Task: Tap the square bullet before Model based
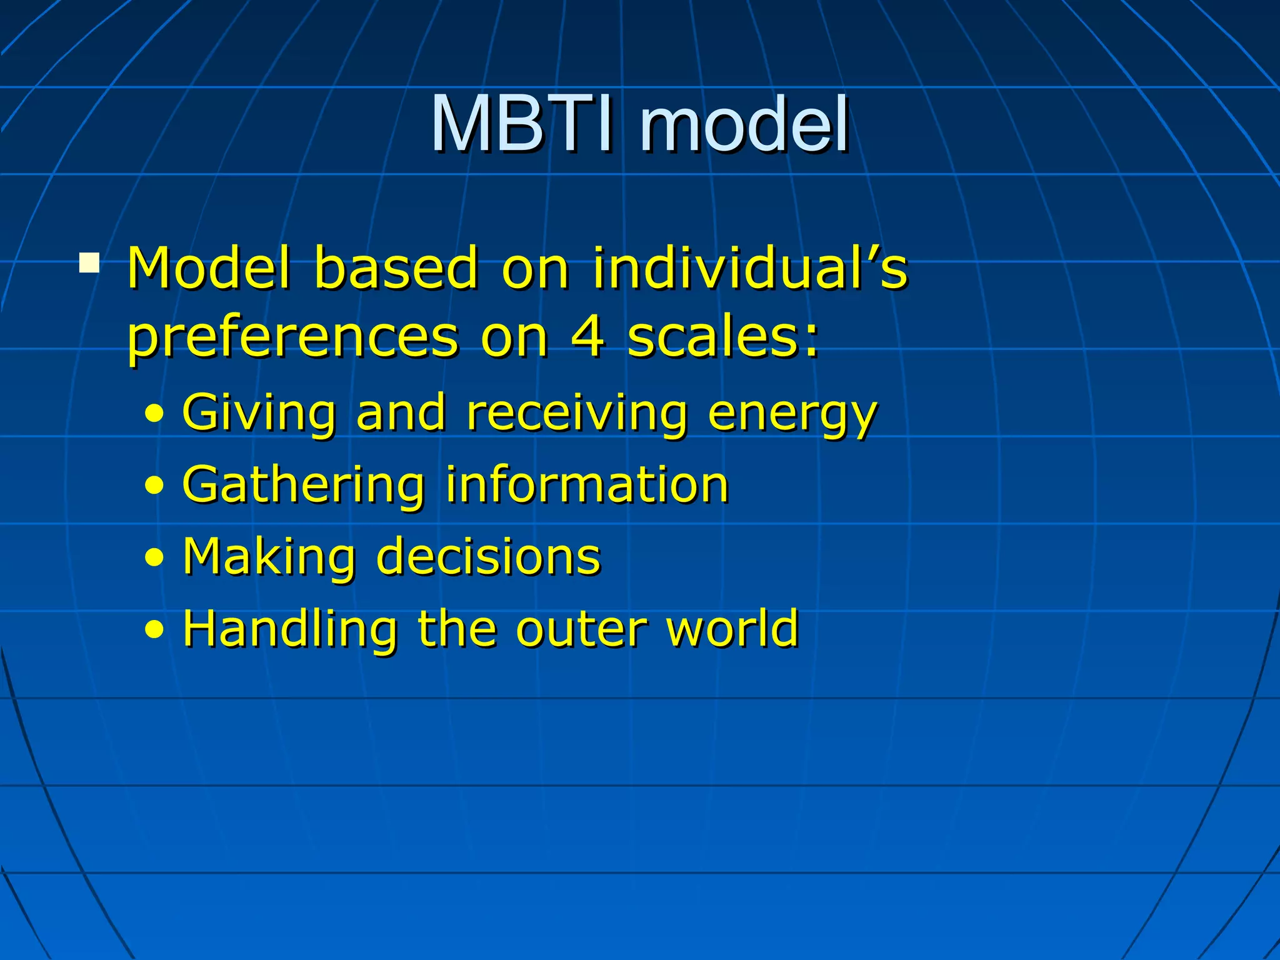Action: point(89,262)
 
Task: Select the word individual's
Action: point(750,269)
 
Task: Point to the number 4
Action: point(587,337)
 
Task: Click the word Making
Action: point(269,557)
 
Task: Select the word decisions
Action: point(488,556)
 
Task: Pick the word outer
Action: point(582,630)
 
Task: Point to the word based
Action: point(396,269)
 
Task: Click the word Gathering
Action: point(304,486)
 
